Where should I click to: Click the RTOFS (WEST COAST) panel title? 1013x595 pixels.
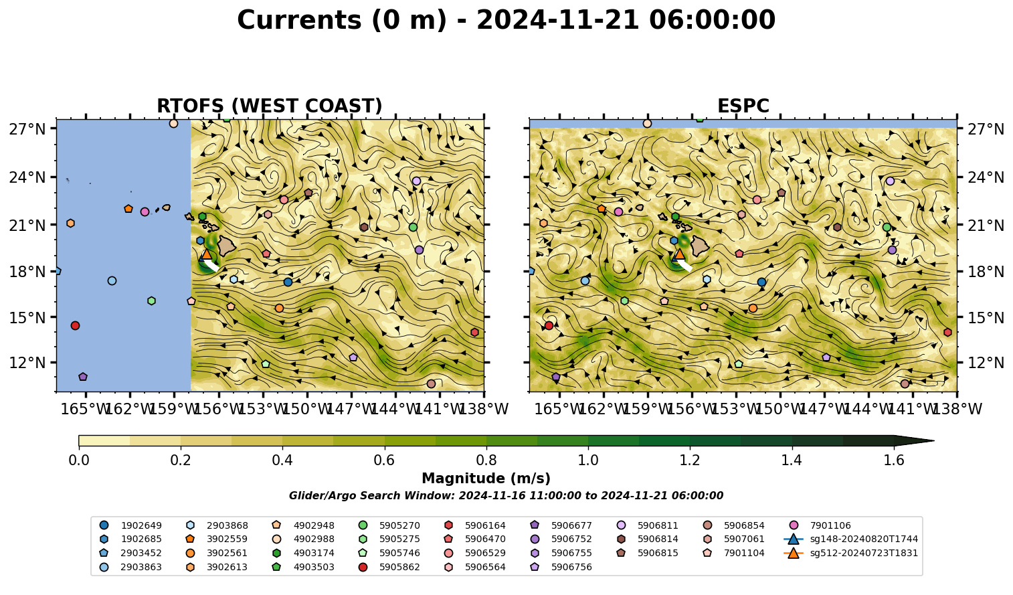pyautogui.click(x=270, y=106)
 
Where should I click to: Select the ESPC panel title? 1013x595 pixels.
pyautogui.click(x=743, y=106)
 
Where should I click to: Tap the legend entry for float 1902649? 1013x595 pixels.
pyautogui.click(x=130, y=525)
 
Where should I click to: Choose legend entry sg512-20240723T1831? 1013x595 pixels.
pyautogui.click(x=850, y=553)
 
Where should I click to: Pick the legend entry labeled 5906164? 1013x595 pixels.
pyautogui.click(x=475, y=525)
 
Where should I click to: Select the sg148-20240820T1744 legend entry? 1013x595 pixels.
pyautogui.click(x=850, y=539)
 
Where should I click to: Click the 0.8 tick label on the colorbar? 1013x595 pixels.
pyautogui.click(x=486, y=460)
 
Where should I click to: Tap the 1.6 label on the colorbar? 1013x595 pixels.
pyautogui.click(x=894, y=460)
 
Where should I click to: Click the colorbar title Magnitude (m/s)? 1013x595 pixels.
pyautogui.click(x=486, y=479)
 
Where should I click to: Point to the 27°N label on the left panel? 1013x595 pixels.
pyautogui.click(x=27, y=129)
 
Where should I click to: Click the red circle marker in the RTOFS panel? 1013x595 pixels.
pyautogui.click(x=75, y=325)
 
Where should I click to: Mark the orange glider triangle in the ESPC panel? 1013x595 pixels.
pyautogui.click(x=679, y=254)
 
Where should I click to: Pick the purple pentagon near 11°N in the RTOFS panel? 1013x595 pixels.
pyautogui.click(x=83, y=376)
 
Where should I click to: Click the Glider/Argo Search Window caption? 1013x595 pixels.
pyautogui.click(x=506, y=495)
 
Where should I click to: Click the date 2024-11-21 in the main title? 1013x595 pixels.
pyautogui.click(x=558, y=20)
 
